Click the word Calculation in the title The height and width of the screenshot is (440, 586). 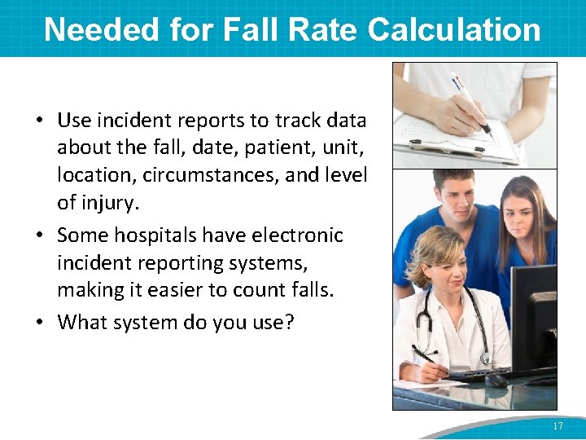click(x=454, y=29)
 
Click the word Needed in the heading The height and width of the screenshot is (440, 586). click(x=102, y=29)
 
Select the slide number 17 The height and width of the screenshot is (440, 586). click(x=558, y=426)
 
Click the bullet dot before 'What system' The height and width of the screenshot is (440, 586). click(x=39, y=322)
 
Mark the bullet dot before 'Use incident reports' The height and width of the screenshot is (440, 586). click(x=39, y=121)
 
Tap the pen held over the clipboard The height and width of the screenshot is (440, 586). click(x=469, y=103)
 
